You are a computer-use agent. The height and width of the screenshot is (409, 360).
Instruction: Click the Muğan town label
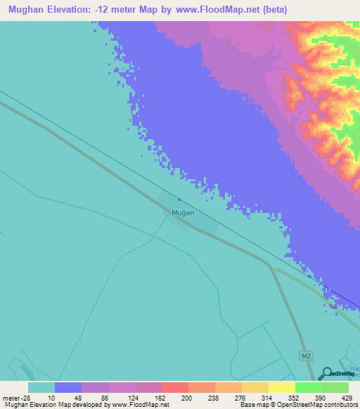[183, 212]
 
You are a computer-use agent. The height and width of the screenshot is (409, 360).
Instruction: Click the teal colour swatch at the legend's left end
[41, 387]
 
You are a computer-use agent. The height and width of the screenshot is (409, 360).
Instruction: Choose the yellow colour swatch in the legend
[282, 387]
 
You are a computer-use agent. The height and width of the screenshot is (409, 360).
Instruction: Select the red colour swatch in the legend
[175, 387]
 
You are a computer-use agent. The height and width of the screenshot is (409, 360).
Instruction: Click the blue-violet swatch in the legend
[68, 387]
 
